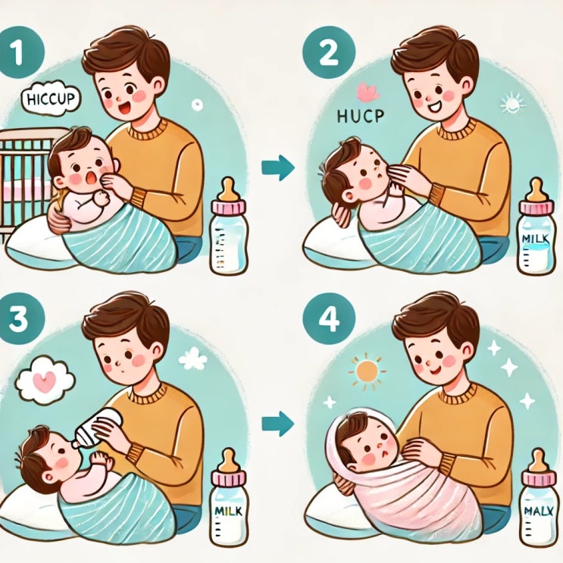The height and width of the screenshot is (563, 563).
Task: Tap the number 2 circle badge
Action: tap(329, 53)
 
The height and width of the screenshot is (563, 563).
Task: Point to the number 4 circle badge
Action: tap(329, 319)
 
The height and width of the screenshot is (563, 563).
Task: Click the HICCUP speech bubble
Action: tap(51, 99)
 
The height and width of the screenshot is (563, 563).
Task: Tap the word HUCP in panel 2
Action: tap(360, 116)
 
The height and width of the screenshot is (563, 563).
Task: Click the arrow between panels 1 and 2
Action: tap(278, 167)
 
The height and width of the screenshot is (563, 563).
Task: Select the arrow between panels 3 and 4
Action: tap(278, 424)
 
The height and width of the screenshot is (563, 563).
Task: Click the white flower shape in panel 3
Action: tap(192, 358)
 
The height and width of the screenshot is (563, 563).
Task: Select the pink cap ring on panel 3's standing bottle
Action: tap(229, 477)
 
